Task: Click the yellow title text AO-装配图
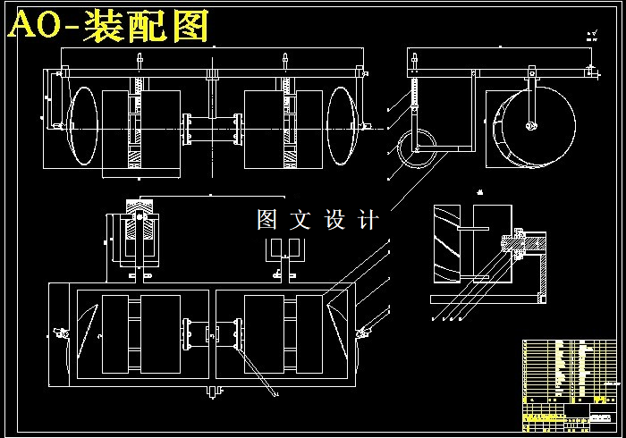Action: [x=109, y=26]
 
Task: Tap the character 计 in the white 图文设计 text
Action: [x=368, y=220]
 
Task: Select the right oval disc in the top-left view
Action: [x=342, y=126]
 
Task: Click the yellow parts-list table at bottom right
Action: [x=569, y=381]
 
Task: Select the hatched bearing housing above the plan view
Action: [x=138, y=228]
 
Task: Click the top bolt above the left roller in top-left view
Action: [x=139, y=62]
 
